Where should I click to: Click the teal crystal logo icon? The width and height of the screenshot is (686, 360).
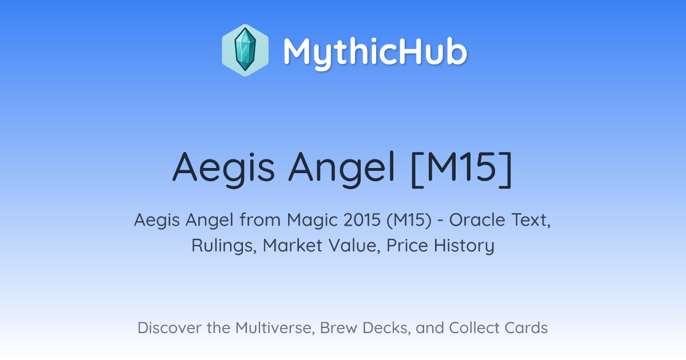[x=245, y=50]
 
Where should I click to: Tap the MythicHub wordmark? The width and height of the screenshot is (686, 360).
[x=375, y=52]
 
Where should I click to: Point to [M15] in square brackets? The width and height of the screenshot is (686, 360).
[x=461, y=168]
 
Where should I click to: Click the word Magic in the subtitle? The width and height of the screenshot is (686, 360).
[x=313, y=220]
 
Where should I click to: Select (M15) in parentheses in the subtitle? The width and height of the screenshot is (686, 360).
[x=409, y=221]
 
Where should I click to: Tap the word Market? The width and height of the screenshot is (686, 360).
[x=293, y=246]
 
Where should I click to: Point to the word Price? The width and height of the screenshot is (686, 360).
[x=407, y=246]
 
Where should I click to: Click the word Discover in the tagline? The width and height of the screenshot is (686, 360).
[x=169, y=327]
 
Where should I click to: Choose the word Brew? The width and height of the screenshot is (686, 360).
[x=338, y=327]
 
